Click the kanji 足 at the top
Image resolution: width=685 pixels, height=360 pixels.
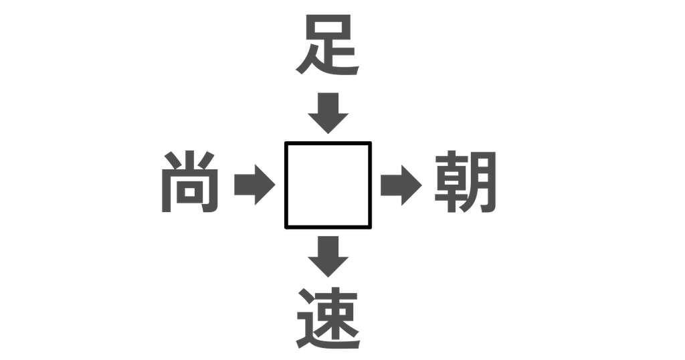pos(328,45)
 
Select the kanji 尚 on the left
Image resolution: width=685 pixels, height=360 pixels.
pos(190,182)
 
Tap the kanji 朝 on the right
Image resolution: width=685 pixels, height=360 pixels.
pos(466,182)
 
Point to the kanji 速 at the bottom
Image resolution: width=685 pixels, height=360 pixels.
pos(328,318)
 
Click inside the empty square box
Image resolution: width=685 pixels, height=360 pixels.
pos(328,185)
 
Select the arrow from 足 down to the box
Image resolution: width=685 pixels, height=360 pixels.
pos(328,113)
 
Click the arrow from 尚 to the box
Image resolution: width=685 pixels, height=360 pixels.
pos(255,185)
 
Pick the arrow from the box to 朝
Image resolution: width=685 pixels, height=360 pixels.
pos(401,185)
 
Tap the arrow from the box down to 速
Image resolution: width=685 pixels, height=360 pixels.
pos(328,257)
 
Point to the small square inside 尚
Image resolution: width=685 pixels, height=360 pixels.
pos(189,192)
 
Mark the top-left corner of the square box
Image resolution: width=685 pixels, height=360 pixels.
pos(286,143)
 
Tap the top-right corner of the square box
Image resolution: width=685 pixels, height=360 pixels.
pos(371,143)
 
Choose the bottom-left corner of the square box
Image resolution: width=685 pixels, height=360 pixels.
pos(286,228)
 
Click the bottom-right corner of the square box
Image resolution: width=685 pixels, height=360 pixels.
pos(371,228)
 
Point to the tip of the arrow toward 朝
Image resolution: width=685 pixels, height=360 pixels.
pos(421,185)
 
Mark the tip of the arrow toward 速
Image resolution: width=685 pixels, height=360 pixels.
pos(328,277)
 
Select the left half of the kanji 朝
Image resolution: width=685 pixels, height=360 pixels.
pos(451,182)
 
